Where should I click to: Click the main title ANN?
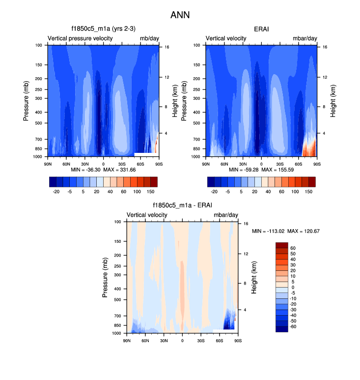(180, 15)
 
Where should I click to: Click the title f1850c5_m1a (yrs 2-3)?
(103, 29)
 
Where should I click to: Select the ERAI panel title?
(261, 29)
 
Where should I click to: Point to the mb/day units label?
(149, 38)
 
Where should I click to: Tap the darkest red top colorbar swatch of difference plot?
(281, 245)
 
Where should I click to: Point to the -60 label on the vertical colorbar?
(293, 326)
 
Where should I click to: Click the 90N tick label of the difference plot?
(127, 340)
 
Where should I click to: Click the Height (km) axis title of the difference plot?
(254, 278)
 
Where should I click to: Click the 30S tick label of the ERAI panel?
(280, 163)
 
